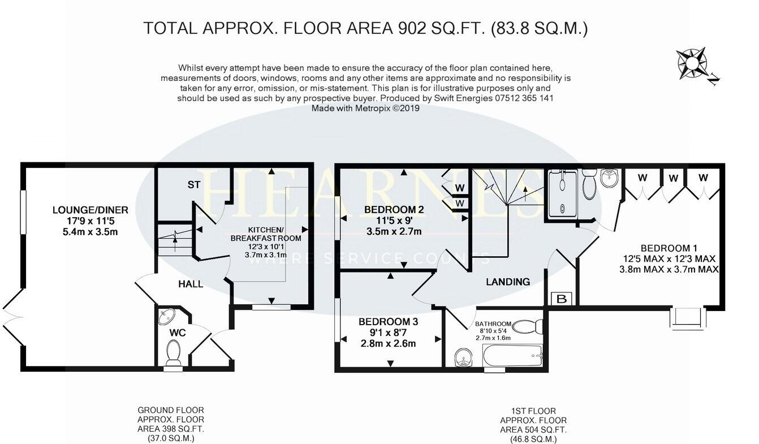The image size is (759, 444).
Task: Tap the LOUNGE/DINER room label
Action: [90, 210]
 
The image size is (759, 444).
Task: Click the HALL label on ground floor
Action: [191, 284]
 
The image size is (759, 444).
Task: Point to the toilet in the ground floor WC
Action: [173, 354]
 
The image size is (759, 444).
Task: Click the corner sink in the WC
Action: [168, 315]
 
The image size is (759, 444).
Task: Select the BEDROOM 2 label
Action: [394, 209]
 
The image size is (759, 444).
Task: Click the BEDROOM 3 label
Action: [388, 321]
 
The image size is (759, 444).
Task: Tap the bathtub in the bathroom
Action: [514, 356]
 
